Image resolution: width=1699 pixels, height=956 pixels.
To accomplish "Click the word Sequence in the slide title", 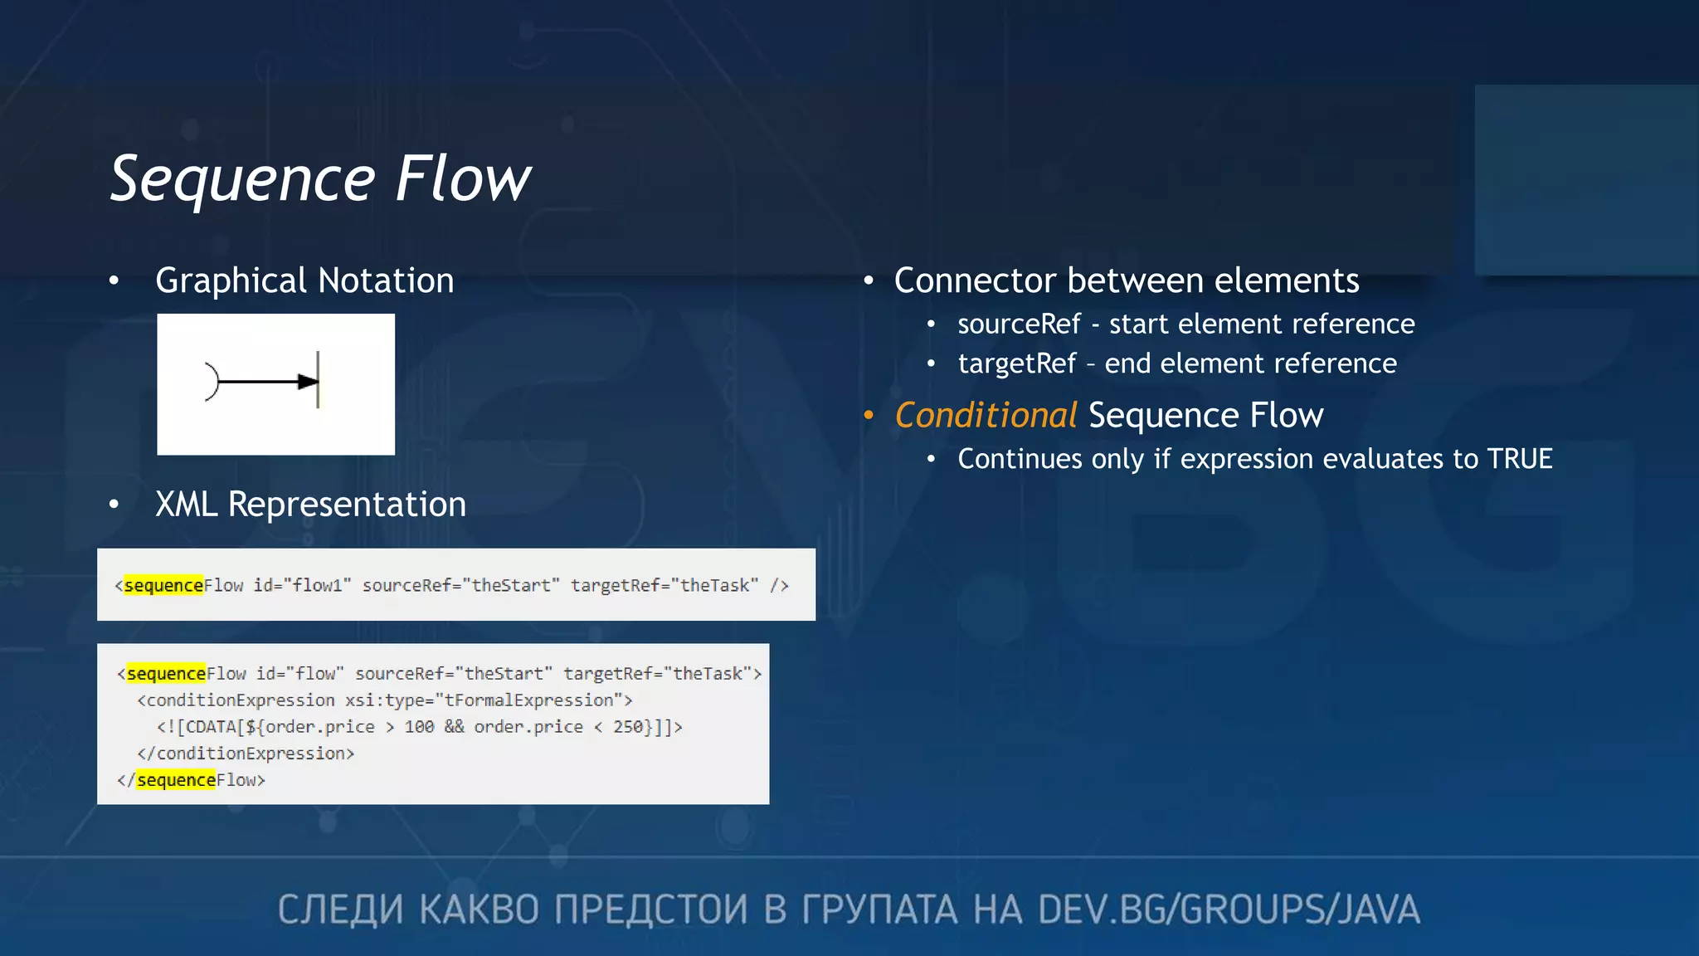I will coord(243,180).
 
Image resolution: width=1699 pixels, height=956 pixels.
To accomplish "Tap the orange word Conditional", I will coord(986,415).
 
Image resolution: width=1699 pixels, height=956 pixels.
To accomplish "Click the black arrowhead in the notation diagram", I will coord(307,382).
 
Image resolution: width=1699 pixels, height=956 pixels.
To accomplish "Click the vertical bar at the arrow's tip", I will coord(318,379).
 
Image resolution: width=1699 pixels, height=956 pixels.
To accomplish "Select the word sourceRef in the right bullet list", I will coord(1019,324).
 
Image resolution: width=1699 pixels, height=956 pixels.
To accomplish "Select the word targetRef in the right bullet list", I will coord(1016,363).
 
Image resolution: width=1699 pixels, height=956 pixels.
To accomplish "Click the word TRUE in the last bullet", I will coord(1519,459).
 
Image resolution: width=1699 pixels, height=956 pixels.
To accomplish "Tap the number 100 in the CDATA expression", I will coord(419,727).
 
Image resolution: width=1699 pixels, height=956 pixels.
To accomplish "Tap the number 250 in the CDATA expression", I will coord(628,727).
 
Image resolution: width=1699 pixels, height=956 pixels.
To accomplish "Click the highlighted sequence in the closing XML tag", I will coord(176,780).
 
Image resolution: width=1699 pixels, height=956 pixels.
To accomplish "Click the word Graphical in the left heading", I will coord(231,281).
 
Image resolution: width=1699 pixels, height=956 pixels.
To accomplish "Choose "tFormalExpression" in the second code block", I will coord(529,700).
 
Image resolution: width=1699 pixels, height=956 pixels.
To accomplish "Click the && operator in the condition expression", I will coord(454,727).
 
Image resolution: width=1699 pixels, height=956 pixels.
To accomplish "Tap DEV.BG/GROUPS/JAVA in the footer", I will coord(1228,910).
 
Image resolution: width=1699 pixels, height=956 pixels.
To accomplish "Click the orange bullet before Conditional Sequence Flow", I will coord(869,415).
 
